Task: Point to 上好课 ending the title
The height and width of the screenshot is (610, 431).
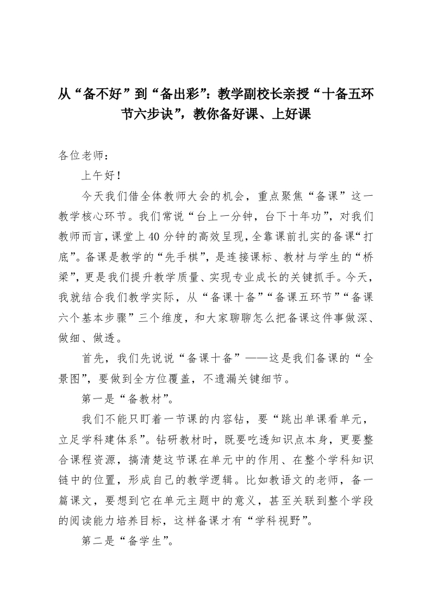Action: (292, 115)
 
